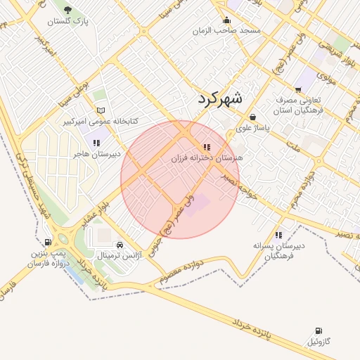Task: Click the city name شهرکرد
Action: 219,98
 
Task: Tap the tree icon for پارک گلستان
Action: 67,10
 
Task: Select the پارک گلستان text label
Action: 69,22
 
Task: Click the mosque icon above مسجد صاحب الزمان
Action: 226,20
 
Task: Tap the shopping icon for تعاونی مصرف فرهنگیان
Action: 299,89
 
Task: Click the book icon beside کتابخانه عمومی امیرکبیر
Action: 101,110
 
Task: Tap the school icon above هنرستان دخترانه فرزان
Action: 206,147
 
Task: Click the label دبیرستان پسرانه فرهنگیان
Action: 279,251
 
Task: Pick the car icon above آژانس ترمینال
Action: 121,245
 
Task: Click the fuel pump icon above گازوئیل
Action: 319,330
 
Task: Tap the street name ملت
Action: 293,147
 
